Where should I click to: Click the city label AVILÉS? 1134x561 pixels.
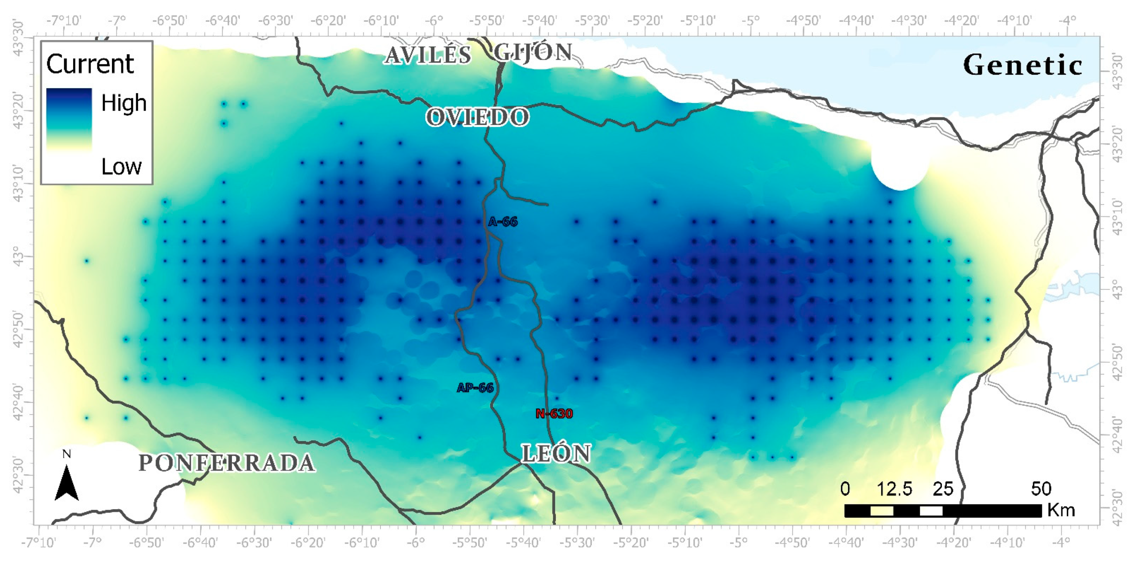(428, 55)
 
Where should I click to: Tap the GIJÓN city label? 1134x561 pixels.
(533, 53)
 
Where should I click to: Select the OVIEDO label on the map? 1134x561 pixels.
(478, 117)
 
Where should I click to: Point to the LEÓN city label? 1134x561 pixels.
(556, 453)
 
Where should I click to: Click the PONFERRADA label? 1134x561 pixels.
(227, 463)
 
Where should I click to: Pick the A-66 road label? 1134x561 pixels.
(503, 221)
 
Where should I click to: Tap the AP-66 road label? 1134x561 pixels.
(475, 388)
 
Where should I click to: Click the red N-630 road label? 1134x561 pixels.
(554, 414)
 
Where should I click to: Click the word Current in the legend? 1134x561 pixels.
(90, 64)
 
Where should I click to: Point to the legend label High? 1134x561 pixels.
(124, 103)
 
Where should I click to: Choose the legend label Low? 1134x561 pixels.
(122, 166)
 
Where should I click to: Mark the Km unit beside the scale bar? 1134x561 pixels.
(1061, 510)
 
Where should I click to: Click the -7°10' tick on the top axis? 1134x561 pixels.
(64, 21)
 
